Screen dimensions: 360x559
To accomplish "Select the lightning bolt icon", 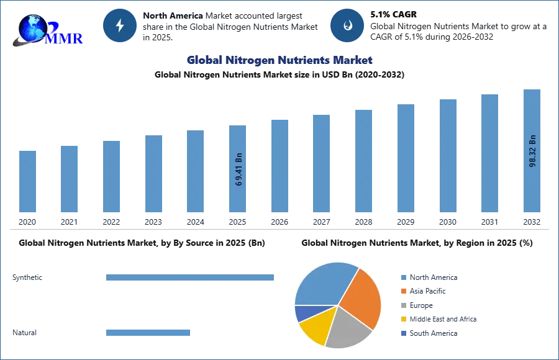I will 120,25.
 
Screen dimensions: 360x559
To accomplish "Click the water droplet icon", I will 347,25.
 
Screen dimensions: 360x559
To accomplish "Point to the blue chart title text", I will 279,60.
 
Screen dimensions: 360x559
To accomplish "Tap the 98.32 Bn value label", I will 532,151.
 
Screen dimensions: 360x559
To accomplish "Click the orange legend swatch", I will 403,291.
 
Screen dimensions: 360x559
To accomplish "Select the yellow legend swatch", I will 403,318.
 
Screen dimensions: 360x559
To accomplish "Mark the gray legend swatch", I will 403,305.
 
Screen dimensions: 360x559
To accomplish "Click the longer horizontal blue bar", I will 191,278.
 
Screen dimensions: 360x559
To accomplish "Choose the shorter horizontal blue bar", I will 148,333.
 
